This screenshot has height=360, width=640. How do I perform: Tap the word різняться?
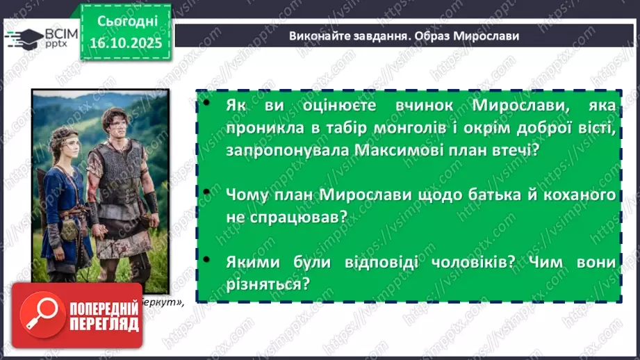266,285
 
